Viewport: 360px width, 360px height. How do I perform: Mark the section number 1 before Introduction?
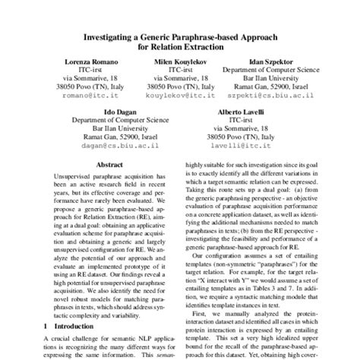pyautogui.click(x=48, y=326)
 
